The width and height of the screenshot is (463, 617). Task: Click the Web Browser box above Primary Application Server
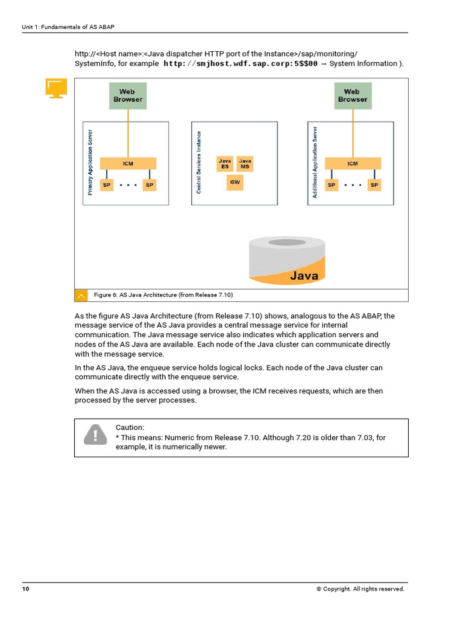[127, 96]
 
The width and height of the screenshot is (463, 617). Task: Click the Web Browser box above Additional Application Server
[352, 96]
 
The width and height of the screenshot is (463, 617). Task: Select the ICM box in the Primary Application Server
[128, 163]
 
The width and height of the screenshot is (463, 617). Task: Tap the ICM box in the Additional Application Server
[352, 163]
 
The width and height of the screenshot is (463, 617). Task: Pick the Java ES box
[225, 164]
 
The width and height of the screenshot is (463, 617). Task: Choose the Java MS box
[245, 164]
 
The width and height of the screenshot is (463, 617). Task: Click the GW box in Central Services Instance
[235, 183]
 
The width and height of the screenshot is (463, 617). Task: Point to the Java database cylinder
[288, 260]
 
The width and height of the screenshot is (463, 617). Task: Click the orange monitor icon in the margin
[56, 89]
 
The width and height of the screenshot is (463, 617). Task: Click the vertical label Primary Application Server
[90, 163]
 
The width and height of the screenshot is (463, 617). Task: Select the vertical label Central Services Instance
[199, 163]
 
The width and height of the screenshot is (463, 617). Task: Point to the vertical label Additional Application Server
[315, 163]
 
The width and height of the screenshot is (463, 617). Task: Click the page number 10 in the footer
[25, 589]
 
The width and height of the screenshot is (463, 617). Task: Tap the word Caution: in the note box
[130, 427]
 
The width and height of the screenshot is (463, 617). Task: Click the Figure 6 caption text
[163, 295]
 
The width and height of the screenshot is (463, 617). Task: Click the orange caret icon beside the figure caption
[81, 295]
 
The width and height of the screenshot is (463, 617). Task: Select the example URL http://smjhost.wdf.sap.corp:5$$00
[241, 64]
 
